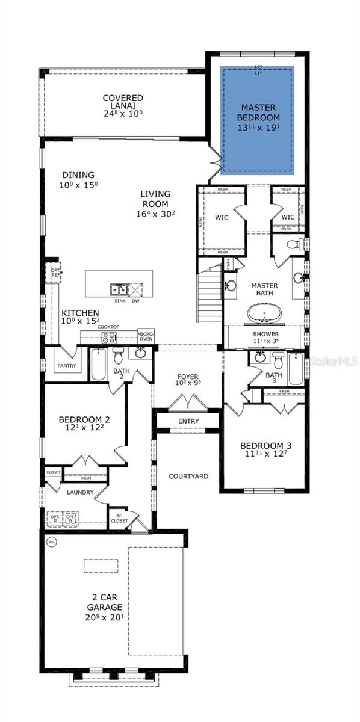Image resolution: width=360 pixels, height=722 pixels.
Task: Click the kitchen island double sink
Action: coord(119,289)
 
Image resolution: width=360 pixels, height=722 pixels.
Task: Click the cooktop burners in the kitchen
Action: coord(108,338)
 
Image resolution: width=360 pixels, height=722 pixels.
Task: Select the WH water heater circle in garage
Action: coord(51,541)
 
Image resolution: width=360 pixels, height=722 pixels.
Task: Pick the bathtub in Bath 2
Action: coord(98,365)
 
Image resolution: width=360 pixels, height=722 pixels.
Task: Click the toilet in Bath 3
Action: coord(278,360)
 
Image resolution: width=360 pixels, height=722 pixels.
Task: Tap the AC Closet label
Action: coord(119,518)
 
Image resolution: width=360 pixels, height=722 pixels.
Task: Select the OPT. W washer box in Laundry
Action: coord(71,518)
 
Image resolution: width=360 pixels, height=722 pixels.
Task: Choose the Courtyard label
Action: coord(188,476)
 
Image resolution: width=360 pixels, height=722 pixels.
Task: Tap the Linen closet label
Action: coord(229,264)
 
